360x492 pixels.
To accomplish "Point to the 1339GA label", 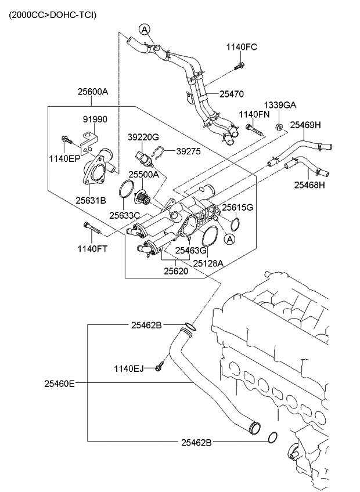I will point(280,105).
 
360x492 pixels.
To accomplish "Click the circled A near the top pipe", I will point(144,29).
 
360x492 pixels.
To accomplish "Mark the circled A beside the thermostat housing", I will point(230,238).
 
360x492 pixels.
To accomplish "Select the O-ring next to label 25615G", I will point(235,223).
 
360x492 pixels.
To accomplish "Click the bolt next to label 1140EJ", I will point(159,367).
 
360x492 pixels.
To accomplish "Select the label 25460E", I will point(59,383).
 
